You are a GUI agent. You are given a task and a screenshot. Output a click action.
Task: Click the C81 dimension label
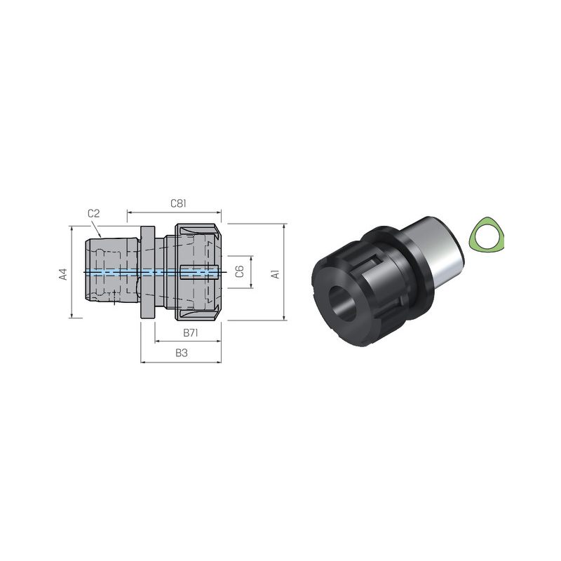[178, 203]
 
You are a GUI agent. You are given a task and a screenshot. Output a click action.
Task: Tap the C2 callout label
[93, 214]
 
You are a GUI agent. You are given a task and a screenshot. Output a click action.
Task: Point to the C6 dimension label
[240, 271]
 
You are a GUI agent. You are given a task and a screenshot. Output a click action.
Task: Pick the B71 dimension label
[191, 332]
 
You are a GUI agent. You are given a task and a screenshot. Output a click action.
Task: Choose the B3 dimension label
[182, 353]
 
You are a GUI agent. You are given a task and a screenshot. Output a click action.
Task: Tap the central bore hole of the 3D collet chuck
[343, 304]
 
